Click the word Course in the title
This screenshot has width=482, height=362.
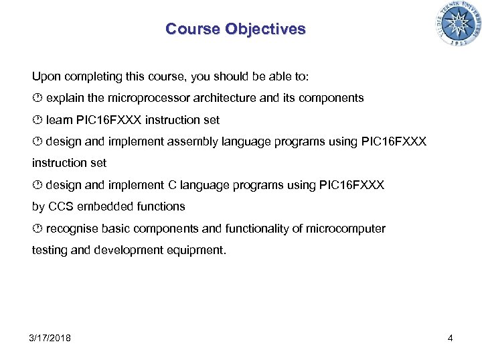193,29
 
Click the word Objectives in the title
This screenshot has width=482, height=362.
265,29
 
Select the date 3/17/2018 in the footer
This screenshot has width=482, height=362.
50,338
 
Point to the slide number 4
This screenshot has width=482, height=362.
450,338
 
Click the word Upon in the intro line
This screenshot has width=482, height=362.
46,76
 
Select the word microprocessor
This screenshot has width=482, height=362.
149,98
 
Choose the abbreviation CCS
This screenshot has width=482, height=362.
60,206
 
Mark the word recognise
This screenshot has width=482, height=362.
72,229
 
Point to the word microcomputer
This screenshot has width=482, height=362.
347,229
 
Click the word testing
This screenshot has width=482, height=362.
50,250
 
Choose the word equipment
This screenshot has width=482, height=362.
199,250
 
